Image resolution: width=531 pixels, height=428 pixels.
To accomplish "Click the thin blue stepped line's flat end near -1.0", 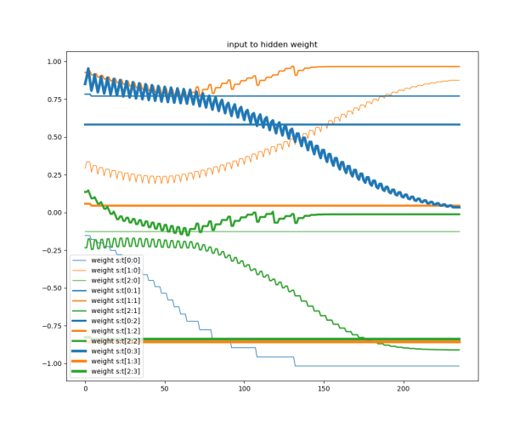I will pos(382,366).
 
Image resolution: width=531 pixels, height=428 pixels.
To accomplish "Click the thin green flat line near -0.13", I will pos(340,231).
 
